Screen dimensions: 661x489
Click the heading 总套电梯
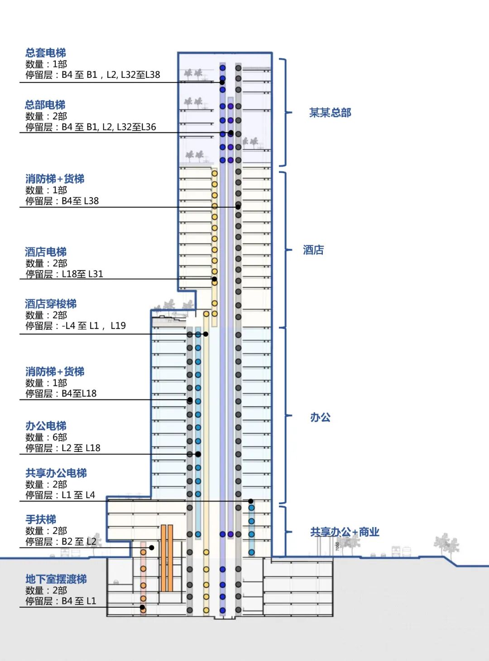click(x=46, y=53)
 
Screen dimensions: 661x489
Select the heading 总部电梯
click(x=45, y=105)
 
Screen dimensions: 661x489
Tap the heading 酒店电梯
click(x=46, y=252)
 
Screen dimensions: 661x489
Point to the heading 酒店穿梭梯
click(x=51, y=304)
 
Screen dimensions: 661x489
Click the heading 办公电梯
click(x=46, y=426)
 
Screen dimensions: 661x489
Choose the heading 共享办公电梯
click(x=56, y=473)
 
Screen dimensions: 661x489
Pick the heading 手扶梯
click(x=41, y=519)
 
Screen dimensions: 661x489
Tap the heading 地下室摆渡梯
click(x=56, y=579)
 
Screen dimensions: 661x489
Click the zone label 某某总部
click(x=330, y=113)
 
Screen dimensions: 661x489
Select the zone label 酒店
click(x=313, y=250)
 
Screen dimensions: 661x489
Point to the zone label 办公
click(x=320, y=417)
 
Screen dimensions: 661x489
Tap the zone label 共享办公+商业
click(x=345, y=532)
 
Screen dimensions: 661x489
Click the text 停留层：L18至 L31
click(x=64, y=274)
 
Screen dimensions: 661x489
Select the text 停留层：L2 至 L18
click(x=63, y=448)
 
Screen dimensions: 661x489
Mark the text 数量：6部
click(x=46, y=437)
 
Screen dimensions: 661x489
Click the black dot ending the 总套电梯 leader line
click(x=222, y=82)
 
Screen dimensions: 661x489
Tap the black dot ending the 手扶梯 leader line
click(x=152, y=547)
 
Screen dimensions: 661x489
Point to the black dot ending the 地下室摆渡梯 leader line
click(x=142, y=607)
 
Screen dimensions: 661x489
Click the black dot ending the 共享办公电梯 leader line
click(x=251, y=501)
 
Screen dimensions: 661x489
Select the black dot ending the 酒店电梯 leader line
click(x=214, y=279)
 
